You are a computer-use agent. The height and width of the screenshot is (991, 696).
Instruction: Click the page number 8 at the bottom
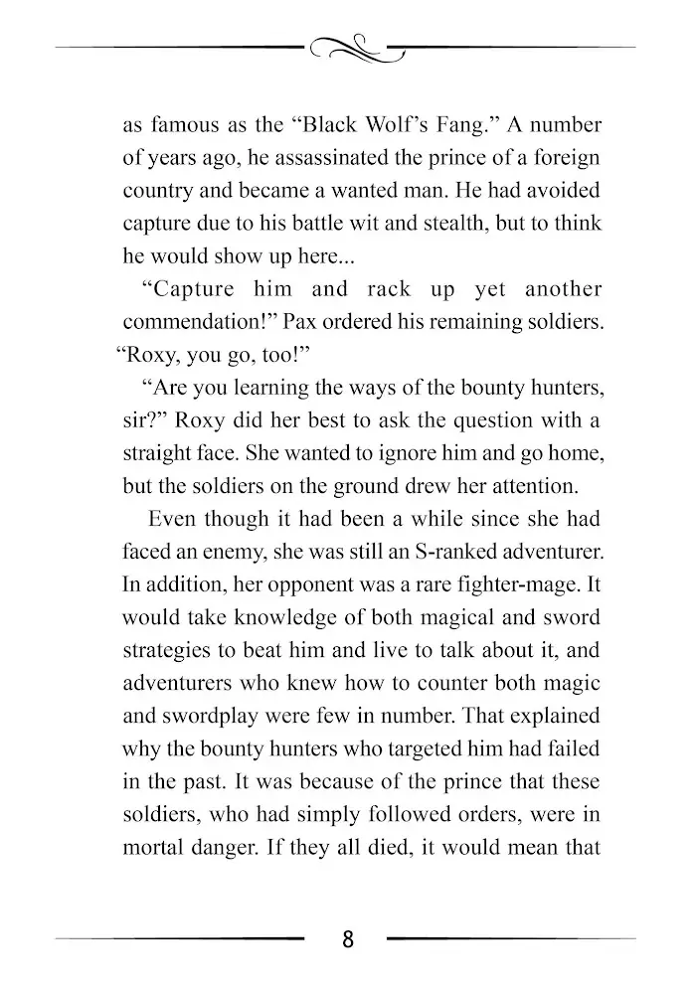pos(347,939)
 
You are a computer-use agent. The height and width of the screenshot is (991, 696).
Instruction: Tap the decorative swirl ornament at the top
pos(347,47)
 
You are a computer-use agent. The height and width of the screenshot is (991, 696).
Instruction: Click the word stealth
pos(441,224)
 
